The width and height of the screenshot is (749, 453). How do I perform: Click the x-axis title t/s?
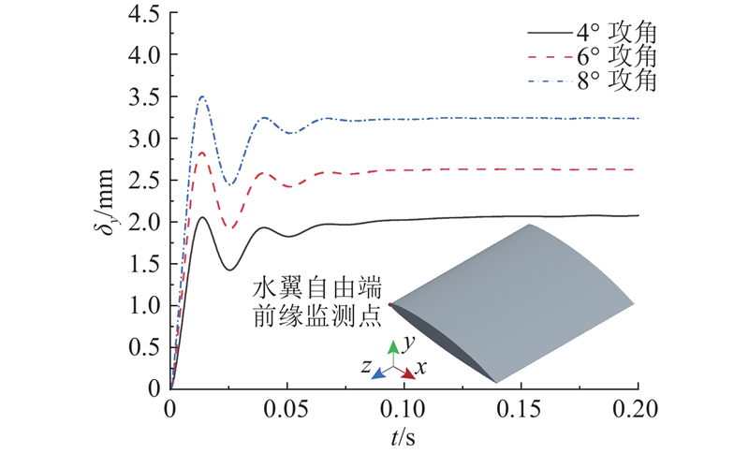click(x=404, y=436)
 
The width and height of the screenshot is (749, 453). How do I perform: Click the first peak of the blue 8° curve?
click(x=200, y=97)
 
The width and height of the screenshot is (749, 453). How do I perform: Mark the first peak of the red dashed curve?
click(x=200, y=153)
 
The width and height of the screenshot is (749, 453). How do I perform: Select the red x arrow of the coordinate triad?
click(x=407, y=372)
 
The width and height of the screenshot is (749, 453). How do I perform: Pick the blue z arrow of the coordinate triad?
click(x=379, y=373)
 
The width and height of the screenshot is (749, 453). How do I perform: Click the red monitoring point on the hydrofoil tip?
click(x=390, y=304)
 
